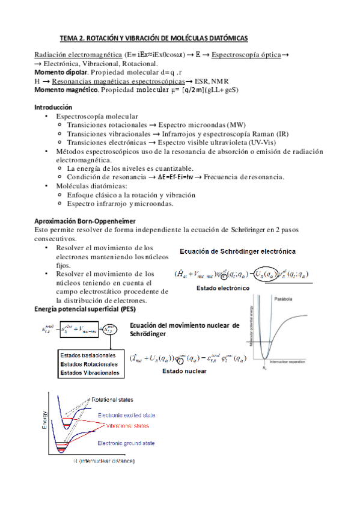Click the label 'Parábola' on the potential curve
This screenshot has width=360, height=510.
pyautogui.click(x=285, y=299)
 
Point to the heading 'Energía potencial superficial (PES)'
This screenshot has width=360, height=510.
pyautogui.click(x=89, y=309)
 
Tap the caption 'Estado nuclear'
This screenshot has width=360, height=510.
pyautogui.click(x=184, y=372)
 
